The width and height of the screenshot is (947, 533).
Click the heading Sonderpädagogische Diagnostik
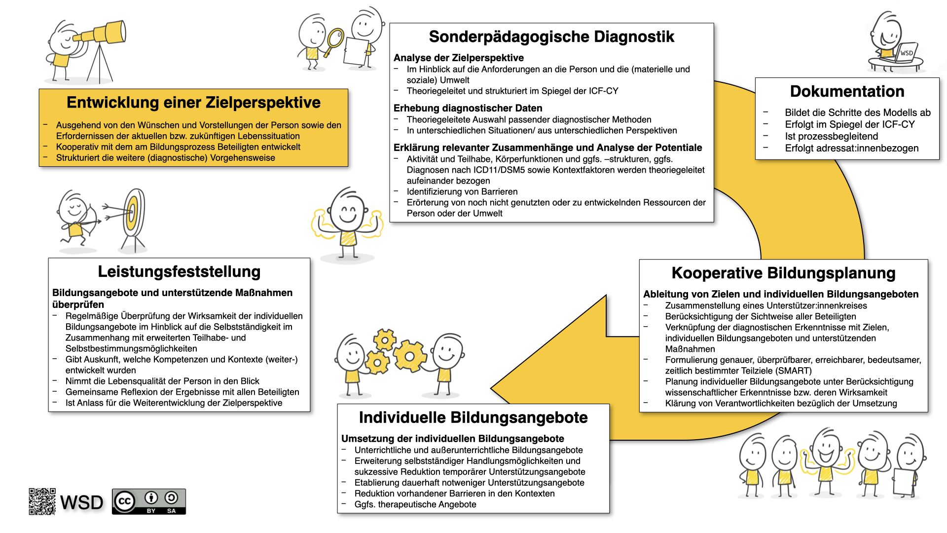click(551, 37)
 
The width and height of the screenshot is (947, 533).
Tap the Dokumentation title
click(847, 92)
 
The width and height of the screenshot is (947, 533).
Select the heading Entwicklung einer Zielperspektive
click(193, 103)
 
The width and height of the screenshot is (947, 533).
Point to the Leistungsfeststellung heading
click(179, 272)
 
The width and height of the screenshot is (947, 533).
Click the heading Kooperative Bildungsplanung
click(783, 273)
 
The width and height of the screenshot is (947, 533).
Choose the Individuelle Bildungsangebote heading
click(473, 418)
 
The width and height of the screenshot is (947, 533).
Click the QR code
click(42, 501)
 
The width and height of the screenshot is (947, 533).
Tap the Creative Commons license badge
click(149, 501)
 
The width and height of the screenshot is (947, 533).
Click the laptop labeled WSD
click(905, 53)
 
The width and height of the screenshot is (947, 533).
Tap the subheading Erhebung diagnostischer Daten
click(468, 109)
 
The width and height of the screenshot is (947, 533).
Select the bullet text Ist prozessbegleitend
click(831, 137)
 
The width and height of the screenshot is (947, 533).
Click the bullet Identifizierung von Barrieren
click(462, 192)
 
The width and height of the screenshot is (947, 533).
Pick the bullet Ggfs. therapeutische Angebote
click(415, 505)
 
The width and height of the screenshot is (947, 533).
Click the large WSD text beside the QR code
click(81, 503)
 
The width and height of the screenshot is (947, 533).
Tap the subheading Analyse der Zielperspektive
click(458, 58)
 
